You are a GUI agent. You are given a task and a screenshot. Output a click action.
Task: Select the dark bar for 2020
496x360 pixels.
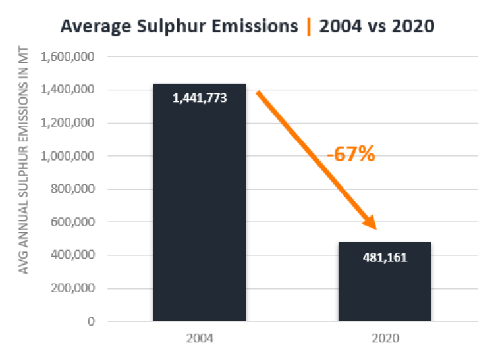tap(385, 290)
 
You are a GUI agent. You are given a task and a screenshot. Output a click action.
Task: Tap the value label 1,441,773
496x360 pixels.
tap(199, 99)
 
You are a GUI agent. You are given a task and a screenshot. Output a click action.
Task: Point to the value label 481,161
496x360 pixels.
tap(385, 257)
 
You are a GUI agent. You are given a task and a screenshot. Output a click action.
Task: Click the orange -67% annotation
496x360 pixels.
tap(350, 155)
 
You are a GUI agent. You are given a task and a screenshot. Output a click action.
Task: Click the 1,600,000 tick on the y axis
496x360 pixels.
tap(69, 57)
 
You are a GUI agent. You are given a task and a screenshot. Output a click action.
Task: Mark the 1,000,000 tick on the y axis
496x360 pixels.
tap(69, 156)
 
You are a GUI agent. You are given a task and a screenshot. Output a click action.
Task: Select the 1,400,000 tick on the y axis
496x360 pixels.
tap(69, 90)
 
